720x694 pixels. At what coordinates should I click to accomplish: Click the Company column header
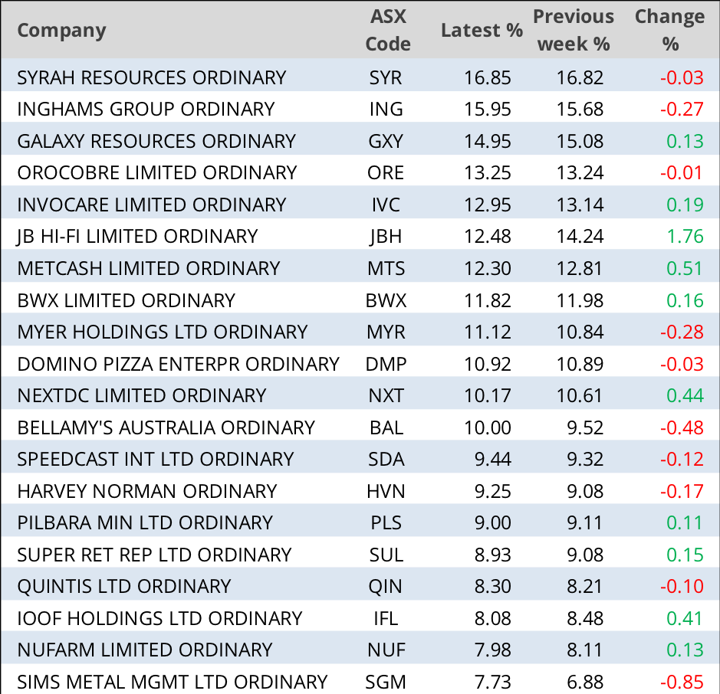(61, 31)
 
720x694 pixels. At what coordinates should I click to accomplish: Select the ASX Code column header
(387, 31)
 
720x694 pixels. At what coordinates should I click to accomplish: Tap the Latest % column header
(482, 31)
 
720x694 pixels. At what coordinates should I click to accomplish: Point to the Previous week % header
(574, 31)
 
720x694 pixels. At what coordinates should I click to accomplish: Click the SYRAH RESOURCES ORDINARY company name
(151, 77)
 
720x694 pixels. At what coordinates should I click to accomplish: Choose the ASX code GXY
(385, 141)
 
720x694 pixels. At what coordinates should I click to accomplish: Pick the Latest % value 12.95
(488, 205)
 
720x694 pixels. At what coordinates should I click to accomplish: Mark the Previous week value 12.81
(580, 268)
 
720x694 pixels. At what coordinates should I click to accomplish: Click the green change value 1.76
(685, 236)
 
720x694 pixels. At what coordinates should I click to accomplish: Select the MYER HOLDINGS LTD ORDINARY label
(162, 332)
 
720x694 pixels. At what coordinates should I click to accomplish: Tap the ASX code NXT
(385, 395)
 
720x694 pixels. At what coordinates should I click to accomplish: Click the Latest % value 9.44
(493, 459)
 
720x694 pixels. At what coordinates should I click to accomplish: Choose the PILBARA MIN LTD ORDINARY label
(145, 522)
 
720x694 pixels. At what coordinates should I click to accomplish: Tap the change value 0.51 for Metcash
(685, 268)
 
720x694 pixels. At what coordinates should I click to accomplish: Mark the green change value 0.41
(685, 617)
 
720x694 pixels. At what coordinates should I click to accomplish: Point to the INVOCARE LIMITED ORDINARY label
(151, 205)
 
